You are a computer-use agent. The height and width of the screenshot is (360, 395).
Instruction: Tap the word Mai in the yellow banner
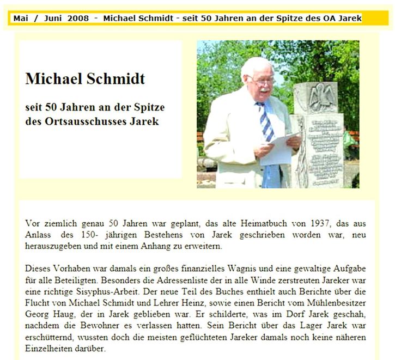click(x=21, y=19)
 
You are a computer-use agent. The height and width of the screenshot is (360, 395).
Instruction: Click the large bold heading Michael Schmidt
click(x=85, y=79)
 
